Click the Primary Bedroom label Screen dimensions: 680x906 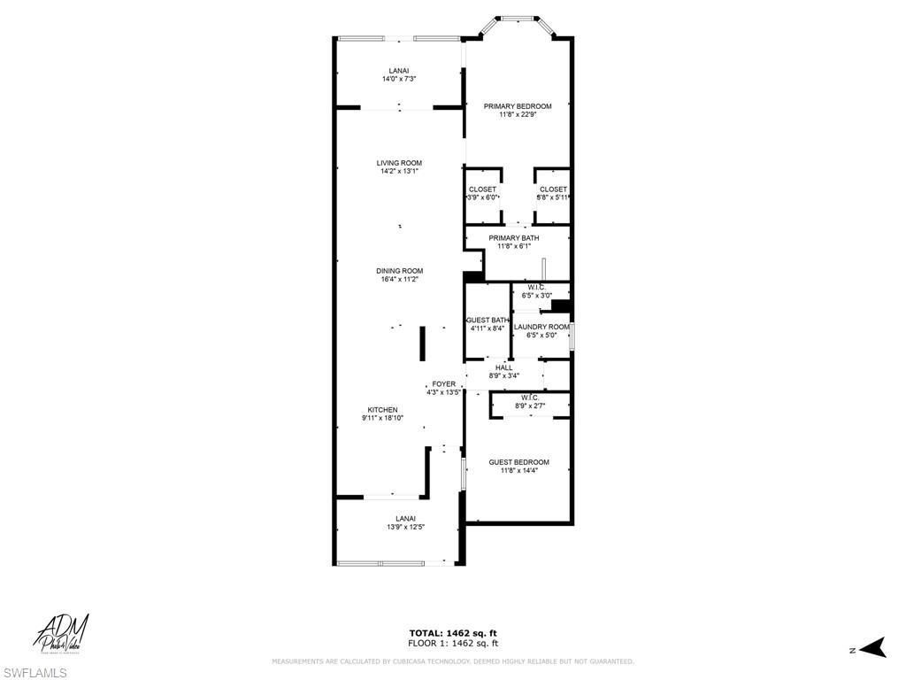[518, 106]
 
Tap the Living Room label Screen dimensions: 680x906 [399, 163]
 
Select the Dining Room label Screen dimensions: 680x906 [399, 271]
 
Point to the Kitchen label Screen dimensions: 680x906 [382, 410]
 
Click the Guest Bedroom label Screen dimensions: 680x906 [518, 462]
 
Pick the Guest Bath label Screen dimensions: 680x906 [488, 320]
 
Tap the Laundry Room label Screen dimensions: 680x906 [541, 327]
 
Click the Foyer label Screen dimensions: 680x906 [443, 384]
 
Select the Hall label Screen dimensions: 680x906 [503, 367]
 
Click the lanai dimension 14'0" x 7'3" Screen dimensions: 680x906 [399, 79]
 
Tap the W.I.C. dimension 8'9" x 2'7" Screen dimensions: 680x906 [530, 406]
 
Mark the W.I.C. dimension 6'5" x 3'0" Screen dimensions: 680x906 [536, 296]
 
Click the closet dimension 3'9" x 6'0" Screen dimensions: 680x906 [482, 197]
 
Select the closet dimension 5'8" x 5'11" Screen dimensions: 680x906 [552, 197]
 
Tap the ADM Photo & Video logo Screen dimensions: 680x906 [62, 633]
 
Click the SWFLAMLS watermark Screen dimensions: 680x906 [35, 673]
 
